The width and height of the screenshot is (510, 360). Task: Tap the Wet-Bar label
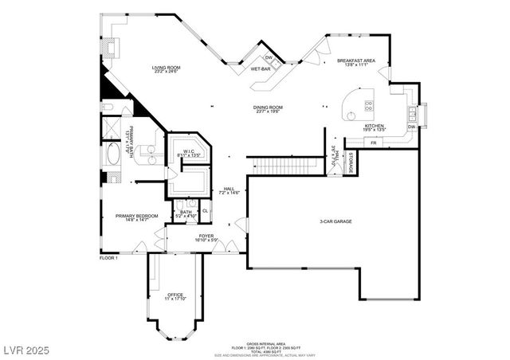click(261, 69)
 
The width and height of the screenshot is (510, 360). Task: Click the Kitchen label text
click(375, 126)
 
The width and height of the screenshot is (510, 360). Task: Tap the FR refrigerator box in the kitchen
click(374, 142)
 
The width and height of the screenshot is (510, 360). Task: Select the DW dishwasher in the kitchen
click(412, 127)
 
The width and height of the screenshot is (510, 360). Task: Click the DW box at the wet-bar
click(269, 58)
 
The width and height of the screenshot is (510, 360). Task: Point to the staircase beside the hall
click(276, 166)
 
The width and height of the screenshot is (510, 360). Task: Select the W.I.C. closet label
click(189, 151)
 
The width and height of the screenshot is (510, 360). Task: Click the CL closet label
click(205, 210)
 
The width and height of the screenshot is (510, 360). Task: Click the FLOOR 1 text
click(108, 258)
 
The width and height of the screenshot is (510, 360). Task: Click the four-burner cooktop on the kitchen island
click(369, 106)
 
